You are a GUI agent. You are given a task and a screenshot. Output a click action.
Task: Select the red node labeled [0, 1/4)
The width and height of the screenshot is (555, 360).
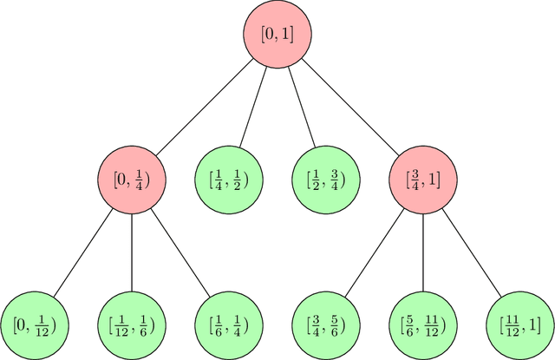(132, 180)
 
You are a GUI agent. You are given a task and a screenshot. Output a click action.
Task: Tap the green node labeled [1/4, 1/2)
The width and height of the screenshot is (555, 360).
(229, 180)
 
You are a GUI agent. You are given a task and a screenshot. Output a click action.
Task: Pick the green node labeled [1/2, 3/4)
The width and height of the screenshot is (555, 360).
(326, 180)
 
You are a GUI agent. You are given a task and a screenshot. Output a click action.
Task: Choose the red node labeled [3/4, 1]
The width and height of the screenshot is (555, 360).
(423, 180)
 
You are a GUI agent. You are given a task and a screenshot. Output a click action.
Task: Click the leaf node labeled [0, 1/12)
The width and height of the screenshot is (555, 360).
(35, 325)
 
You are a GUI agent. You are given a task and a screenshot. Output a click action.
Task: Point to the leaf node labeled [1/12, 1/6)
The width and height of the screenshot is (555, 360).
(132, 325)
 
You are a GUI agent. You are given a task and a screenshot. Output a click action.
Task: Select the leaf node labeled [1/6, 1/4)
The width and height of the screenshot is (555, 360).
(229, 325)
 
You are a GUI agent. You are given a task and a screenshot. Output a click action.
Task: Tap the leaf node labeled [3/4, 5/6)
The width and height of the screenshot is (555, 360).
(326, 325)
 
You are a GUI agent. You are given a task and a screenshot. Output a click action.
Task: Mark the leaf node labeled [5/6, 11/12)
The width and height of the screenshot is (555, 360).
(423, 325)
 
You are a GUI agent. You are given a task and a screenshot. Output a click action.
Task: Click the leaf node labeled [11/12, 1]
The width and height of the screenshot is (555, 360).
(520, 325)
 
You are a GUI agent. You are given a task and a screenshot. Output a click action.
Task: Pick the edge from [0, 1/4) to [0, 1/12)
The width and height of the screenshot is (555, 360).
(83, 252)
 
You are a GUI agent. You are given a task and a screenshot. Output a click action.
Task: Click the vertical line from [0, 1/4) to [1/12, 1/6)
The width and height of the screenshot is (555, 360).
(132, 252)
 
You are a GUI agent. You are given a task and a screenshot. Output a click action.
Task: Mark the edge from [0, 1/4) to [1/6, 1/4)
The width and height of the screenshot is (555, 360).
(180, 252)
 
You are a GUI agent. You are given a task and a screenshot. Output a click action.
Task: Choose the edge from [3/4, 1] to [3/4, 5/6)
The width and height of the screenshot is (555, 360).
(375, 252)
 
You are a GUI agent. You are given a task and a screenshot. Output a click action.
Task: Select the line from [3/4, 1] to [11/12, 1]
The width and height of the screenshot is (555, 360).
(472, 252)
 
